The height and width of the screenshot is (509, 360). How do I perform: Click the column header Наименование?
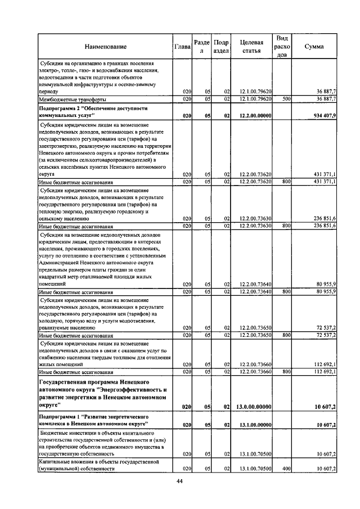point(106,47)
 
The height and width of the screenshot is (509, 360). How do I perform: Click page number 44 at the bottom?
point(179,481)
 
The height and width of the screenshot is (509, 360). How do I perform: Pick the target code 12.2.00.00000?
point(255,116)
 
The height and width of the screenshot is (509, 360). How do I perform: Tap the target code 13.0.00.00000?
point(255,407)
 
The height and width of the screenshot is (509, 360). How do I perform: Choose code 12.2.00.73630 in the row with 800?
point(256,226)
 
